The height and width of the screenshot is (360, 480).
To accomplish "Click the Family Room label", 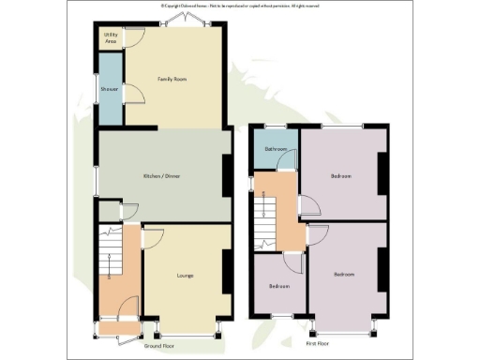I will click(172, 80).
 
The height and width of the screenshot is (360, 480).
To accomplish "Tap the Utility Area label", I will click(111, 40).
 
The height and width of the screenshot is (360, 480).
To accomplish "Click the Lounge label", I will click(184, 276).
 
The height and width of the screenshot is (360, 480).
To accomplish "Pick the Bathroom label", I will click(275, 149).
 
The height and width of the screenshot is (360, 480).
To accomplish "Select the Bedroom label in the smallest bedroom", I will click(279, 286).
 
